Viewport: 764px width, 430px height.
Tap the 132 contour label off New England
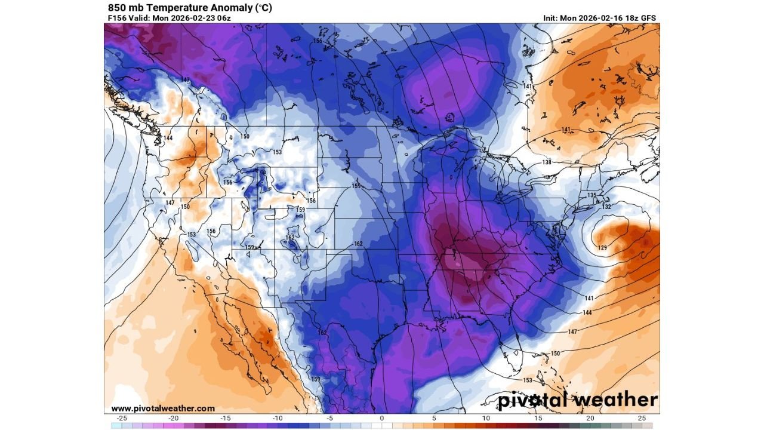pos(606,207)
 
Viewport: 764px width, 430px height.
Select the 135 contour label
pos(592,195)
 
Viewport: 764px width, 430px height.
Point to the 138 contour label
pos(547,162)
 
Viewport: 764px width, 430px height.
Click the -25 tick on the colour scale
pos(122,418)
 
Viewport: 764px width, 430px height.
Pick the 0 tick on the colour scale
pos(382,418)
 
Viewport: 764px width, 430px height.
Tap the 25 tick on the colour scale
pos(642,418)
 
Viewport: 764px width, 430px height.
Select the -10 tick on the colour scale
pos(278,418)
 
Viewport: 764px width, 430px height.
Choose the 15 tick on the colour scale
pos(538,418)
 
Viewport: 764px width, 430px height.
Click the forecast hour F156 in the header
pos(118,18)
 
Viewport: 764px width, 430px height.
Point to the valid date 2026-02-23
pos(193,18)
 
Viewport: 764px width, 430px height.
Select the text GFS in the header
pos(648,18)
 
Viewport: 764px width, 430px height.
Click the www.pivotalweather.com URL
pos(162,408)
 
